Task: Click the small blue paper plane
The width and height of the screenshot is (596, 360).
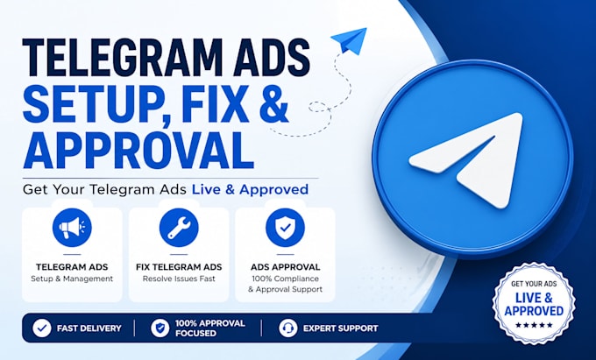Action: click(x=349, y=40)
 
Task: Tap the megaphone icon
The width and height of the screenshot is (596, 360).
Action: click(x=72, y=228)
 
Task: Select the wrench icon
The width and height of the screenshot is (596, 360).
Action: click(x=179, y=228)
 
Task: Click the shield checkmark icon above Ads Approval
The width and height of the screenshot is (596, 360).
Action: click(x=285, y=228)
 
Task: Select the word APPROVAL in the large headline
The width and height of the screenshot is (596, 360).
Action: click(x=139, y=150)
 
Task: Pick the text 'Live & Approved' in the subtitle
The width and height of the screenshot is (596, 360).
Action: click(x=250, y=189)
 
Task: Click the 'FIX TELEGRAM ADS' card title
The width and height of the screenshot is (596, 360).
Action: click(x=179, y=267)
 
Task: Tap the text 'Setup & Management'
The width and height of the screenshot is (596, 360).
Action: click(x=72, y=279)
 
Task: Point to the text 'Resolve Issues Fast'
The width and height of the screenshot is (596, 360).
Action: click(x=179, y=279)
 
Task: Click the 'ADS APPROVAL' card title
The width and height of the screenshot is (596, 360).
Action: click(x=285, y=267)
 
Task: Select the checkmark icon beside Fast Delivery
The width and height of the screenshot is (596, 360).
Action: click(x=42, y=328)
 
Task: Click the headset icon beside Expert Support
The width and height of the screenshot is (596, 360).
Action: click(x=288, y=328)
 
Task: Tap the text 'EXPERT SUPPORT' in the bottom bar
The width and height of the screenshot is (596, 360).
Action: click(x=341, y=328)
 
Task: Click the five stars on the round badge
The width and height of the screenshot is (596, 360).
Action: click(x=534, y=325)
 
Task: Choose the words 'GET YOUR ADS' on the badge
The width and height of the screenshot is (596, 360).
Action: click(x=534, y=284)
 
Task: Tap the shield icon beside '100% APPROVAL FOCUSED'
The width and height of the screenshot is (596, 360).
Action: click(x=160, y=328)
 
